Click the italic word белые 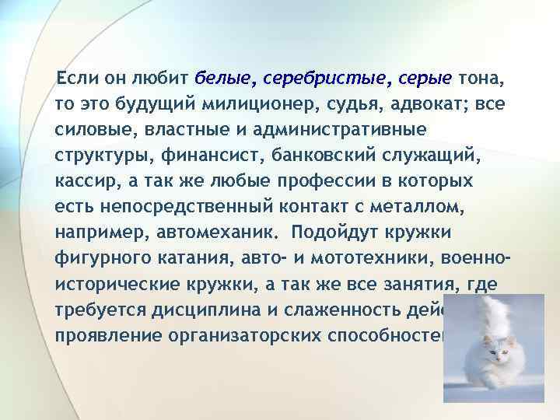coord(226,79)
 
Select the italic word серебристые coord(327,79)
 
